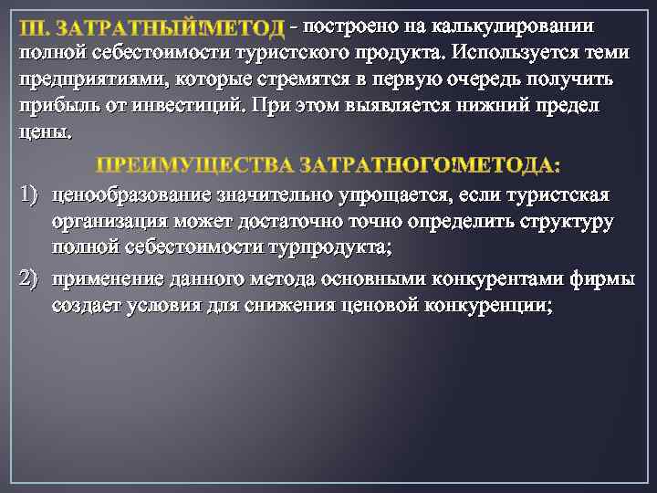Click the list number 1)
(x=29, y=195)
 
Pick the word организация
(x=110, y=222)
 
